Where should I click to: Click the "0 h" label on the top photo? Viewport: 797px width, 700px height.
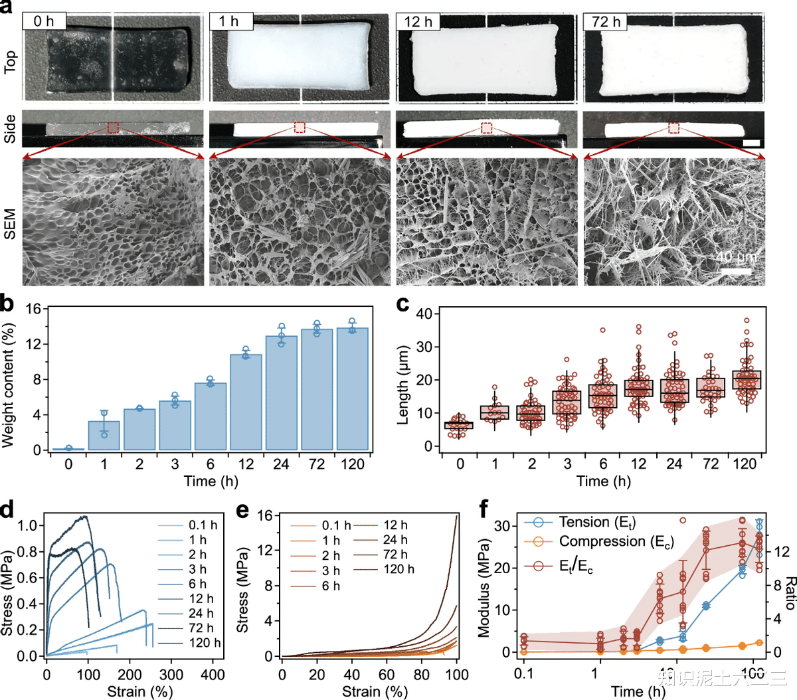point(44,21)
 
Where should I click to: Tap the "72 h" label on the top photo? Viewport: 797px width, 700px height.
point(606,21)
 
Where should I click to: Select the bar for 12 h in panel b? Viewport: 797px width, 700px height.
point(246,402)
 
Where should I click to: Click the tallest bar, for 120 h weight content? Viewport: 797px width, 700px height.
point(352,389)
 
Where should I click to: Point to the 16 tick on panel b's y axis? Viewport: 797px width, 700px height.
point(33,309)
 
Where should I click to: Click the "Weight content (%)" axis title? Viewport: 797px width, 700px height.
point(9,385)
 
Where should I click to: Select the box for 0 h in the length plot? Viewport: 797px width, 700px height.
point(459,425)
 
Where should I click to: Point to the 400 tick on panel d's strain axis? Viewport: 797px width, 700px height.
point(213,674)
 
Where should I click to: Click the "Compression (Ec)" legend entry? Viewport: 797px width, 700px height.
point(616,542)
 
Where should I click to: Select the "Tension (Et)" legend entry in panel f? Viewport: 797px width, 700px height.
point(596,523)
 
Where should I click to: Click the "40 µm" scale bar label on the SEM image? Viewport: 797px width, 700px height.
point(735,257)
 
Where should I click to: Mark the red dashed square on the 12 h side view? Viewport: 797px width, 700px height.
point(487,128)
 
